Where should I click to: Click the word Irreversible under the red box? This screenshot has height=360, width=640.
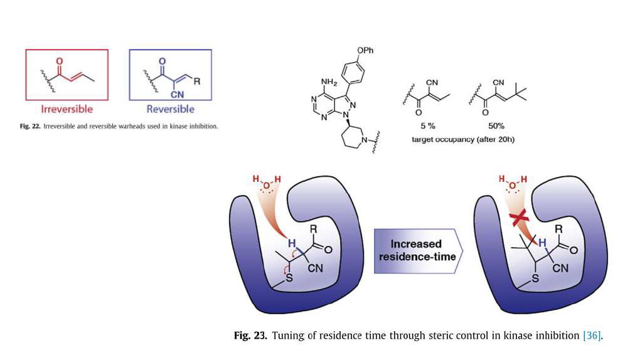67,109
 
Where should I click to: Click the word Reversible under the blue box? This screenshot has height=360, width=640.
170,109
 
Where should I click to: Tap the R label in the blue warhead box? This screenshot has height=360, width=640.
196,81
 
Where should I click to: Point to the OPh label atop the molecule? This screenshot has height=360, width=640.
365,51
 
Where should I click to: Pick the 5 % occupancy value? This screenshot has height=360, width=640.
428,125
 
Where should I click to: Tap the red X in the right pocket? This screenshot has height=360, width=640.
519,218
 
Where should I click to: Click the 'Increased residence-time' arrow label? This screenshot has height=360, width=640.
416,250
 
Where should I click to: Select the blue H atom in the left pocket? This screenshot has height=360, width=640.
291,243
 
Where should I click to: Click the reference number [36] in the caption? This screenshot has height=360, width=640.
592,336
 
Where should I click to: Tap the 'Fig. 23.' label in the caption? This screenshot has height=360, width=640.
250,336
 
